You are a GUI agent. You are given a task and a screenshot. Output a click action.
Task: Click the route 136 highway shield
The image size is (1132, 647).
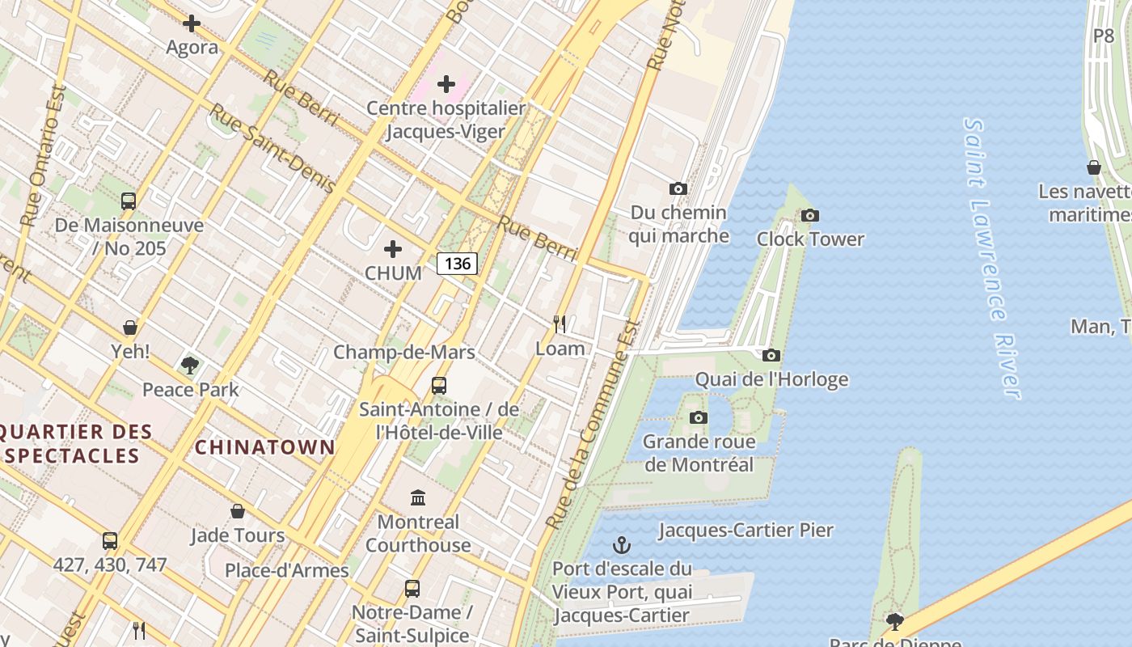[x=458, y=263]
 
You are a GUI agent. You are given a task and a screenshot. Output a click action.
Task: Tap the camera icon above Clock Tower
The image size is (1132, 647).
[x=809, y=215]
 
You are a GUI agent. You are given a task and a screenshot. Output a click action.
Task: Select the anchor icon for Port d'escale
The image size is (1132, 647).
[x=622, y=544]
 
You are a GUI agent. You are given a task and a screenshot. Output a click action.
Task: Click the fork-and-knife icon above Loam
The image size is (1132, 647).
[x=560, y=324]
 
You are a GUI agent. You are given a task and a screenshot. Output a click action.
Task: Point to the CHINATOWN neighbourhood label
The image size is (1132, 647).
[x=265, y=447]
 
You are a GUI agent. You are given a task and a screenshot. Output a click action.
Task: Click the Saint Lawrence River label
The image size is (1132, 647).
[x=990, y=259]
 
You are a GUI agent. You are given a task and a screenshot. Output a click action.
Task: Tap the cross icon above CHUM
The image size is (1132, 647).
[x=393, y=249]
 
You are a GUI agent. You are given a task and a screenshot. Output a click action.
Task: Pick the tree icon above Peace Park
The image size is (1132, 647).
[x=190, y=366]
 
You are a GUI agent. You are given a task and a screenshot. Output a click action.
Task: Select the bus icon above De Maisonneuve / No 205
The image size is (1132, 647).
[x=129, y=201]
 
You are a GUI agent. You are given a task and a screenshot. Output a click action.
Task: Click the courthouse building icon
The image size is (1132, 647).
[x=418, y=497]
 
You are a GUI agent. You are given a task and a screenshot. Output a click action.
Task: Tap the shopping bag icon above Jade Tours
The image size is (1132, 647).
[x=238, y=511]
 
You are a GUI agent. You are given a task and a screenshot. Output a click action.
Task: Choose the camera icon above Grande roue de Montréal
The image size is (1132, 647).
[x=699, y=417]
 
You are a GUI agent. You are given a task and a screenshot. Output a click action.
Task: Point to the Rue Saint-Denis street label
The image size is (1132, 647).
[x=272, y=148]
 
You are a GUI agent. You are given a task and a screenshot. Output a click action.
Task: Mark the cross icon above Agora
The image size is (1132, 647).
[x=192, y=23]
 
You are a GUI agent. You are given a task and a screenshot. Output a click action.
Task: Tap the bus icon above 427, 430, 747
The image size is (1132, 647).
[x=110, y=540]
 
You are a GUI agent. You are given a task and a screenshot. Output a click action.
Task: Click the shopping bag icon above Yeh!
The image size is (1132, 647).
[x=130, y=328]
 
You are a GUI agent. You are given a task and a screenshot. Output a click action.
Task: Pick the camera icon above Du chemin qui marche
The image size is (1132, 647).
[x=678, y=188]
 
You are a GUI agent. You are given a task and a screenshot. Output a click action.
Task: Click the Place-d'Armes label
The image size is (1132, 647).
[x=286, y=570]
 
